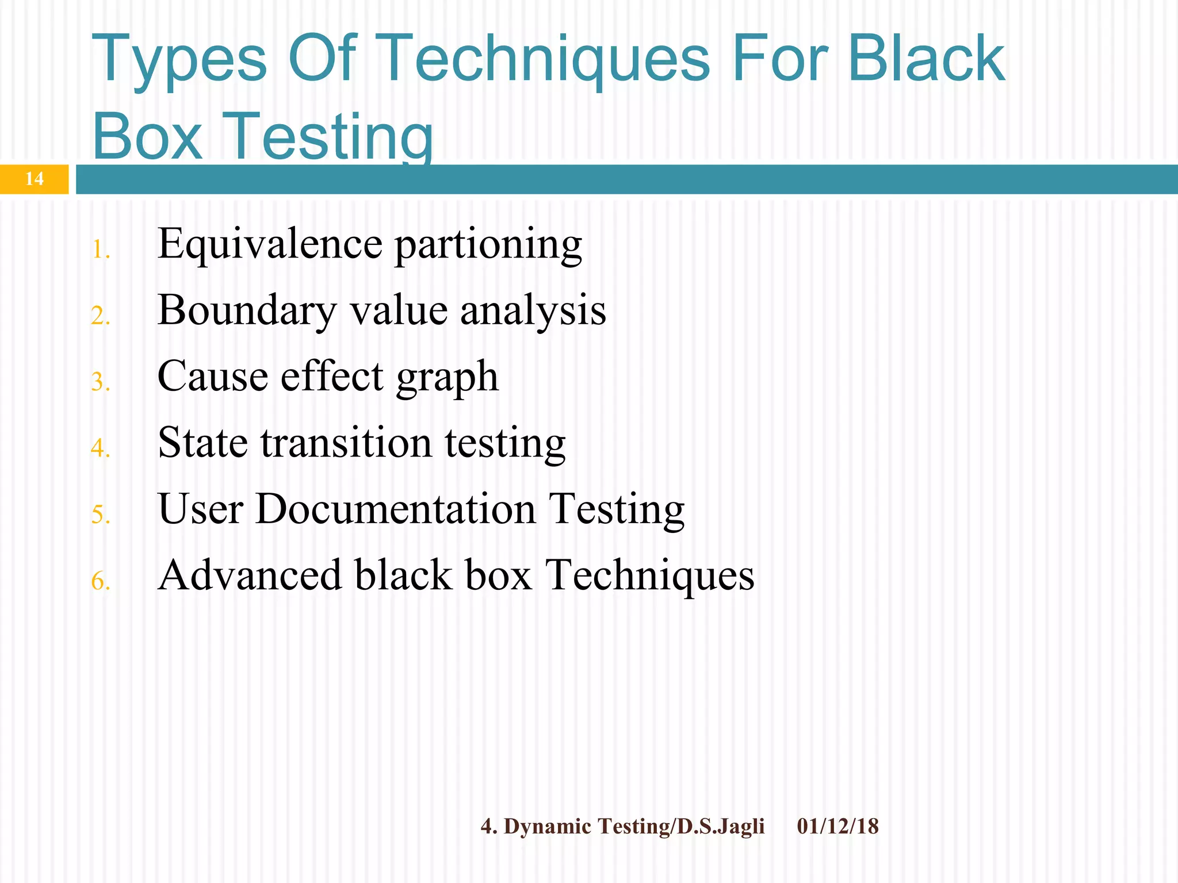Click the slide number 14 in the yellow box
pos(35,179)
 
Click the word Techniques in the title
pos(545,59)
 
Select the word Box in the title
pos(147,137)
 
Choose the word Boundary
pos(247,311)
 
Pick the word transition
pos(346,443)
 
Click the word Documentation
pos(395,509)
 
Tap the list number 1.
pos(100,250)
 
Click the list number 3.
pos(100,382)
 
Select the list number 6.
pos(100,581)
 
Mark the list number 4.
pos(100,448)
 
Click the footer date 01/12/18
pos(837,827)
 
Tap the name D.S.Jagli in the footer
pos(721,827)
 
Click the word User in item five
pos(201,509)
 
